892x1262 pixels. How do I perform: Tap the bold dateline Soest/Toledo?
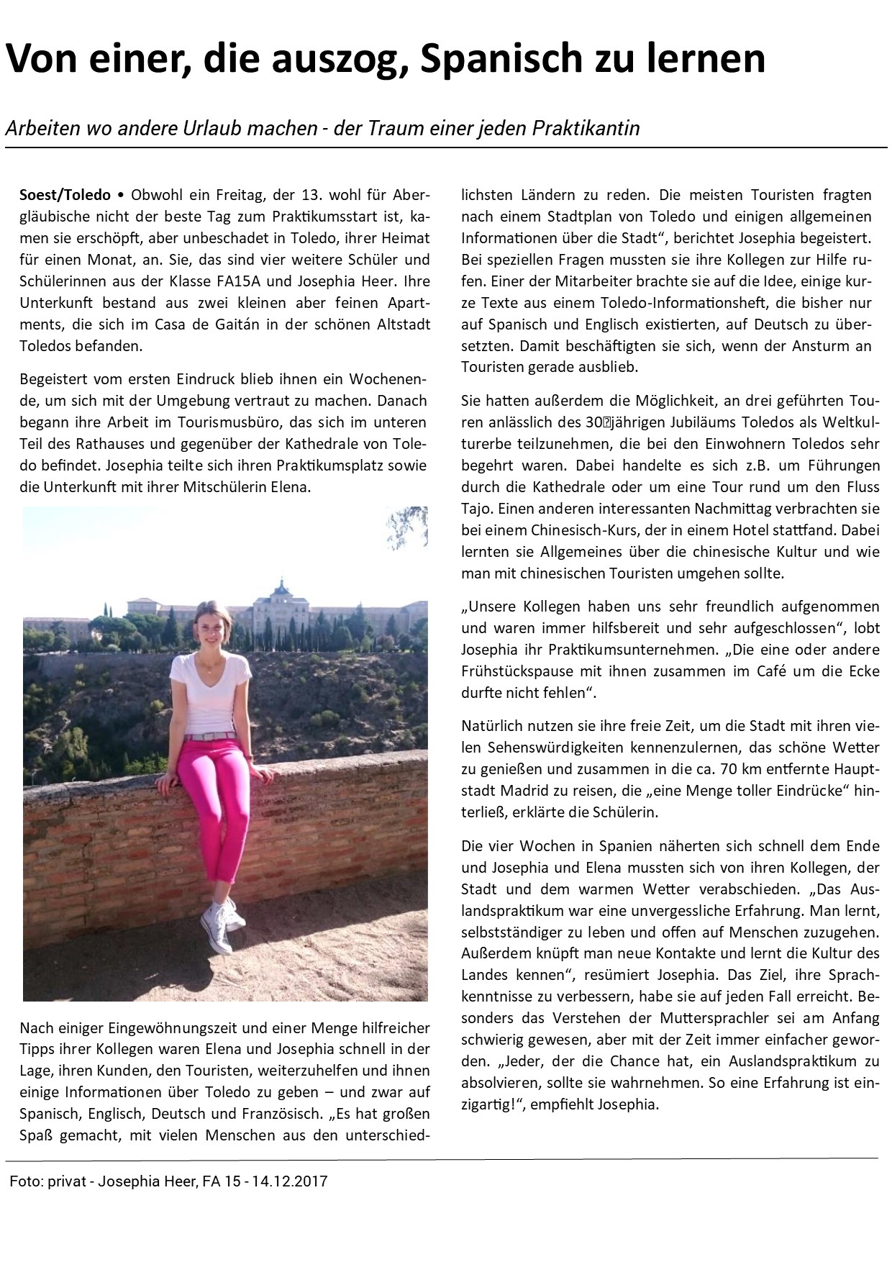pos(65,195)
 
